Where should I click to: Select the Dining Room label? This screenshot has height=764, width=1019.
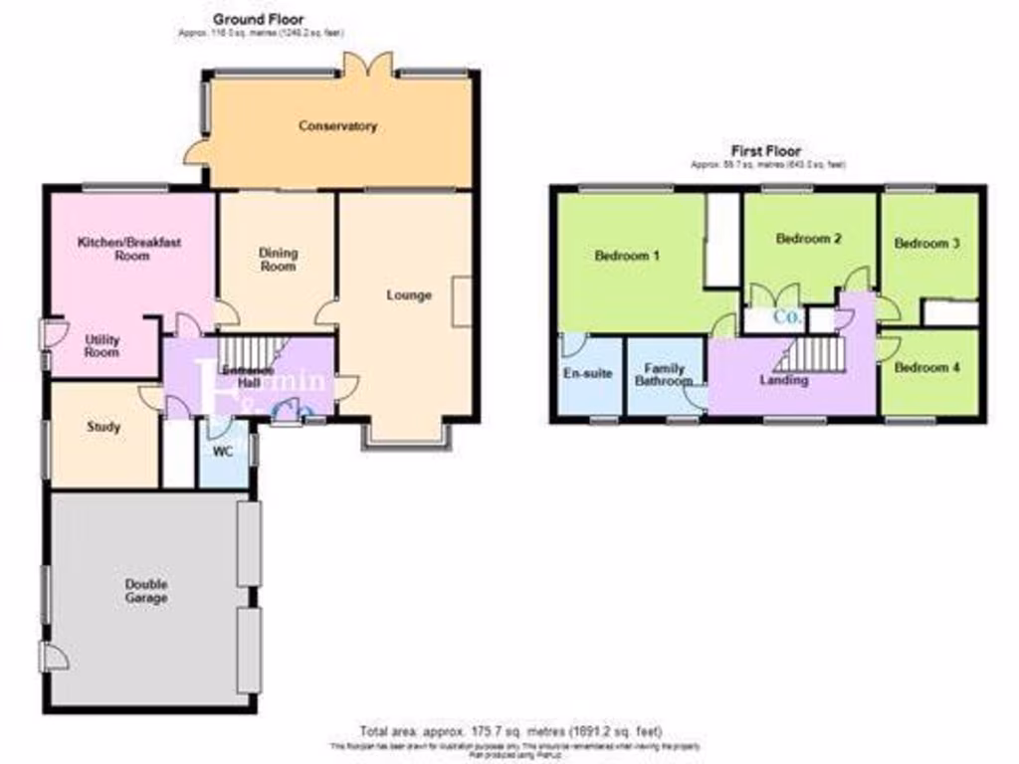(278, 260)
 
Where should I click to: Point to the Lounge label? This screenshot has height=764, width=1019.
(409, 295)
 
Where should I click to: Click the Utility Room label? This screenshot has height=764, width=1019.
(102, 346)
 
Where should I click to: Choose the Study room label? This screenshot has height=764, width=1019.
(103, 427)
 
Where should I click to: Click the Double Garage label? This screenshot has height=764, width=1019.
(146, 591)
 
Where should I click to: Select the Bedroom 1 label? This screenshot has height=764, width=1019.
(627, 256)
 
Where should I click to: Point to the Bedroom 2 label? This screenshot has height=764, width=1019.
(809, 239)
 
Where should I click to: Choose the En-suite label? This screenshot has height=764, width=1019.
(587, 374)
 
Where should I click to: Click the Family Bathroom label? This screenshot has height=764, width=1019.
(664, 375)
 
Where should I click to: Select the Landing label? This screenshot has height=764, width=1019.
(783, 380)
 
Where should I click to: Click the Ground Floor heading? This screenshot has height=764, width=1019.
(258, 19)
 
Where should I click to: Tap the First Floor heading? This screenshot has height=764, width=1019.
(765, 151)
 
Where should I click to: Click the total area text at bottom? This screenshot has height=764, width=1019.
(509, 731)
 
